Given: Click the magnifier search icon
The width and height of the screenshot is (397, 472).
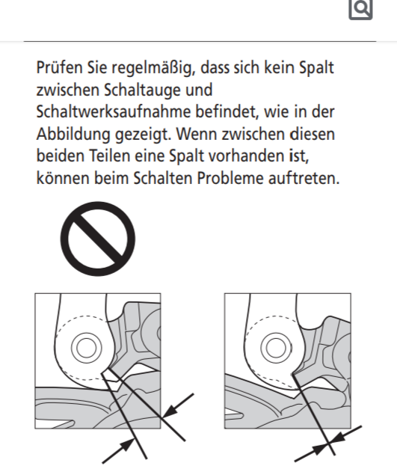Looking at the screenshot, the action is (x=360, y=9).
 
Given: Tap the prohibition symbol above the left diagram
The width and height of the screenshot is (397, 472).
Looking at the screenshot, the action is (x=98, y=239).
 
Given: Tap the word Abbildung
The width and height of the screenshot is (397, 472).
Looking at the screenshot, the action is (x=73, y=134).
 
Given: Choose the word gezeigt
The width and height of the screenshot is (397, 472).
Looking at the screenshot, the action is (x=143, y=134).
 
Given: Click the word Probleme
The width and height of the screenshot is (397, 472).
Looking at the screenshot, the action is (x=230, y=178).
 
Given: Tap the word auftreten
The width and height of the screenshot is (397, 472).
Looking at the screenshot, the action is (x=304, y=178).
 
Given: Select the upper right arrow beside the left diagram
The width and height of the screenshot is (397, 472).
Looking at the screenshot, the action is (x=178, y=405).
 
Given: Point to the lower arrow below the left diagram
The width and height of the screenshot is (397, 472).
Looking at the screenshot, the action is (x=119, y=451).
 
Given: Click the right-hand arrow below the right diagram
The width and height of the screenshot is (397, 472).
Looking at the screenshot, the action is (x=346, y=435).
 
